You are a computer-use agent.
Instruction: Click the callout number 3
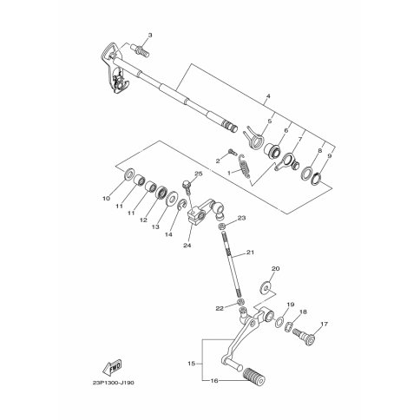coord(150,36)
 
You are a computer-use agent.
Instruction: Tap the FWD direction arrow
coord(112,367)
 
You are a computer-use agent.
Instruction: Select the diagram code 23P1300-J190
coord(114,383)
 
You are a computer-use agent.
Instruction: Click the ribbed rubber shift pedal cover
coord(255,376)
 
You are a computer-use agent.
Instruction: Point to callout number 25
coord(199,174)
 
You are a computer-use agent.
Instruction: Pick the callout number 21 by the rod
coord(250,253)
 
